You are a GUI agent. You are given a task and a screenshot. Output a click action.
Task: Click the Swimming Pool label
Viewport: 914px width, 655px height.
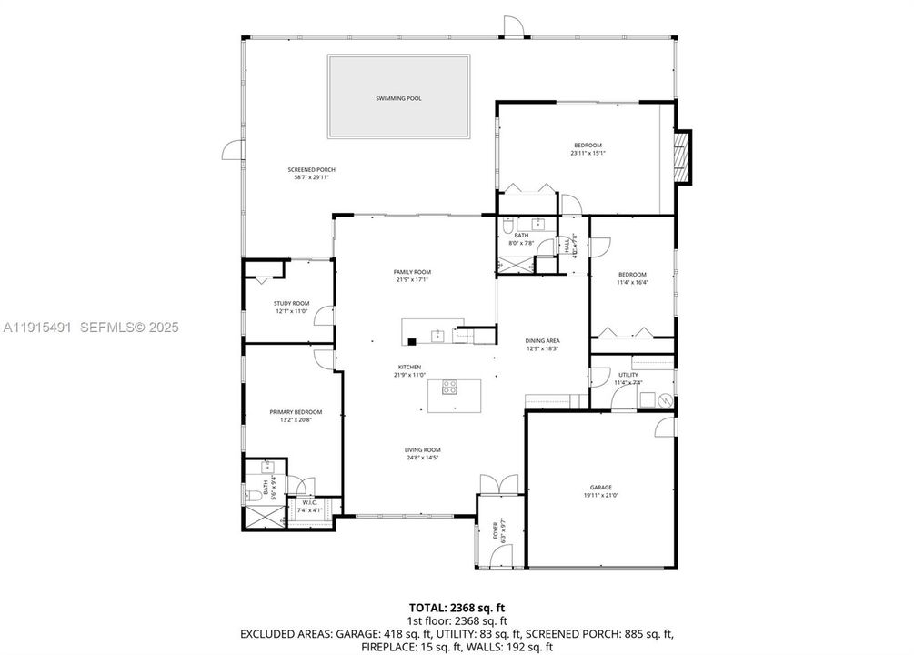(398, 98)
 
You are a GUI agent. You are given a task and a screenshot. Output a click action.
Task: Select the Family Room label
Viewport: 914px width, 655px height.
(411, 272)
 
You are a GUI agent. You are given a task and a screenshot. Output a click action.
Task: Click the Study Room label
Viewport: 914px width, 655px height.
(291, 303)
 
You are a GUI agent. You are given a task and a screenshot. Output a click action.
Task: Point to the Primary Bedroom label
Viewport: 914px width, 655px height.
(296, 412)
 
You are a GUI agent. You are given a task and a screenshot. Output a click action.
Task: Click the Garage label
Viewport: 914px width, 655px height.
(600, 487)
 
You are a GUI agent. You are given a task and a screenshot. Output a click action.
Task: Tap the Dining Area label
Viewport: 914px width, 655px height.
(542, 340)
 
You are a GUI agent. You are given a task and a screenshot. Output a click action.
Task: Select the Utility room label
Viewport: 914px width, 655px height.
(628, 375)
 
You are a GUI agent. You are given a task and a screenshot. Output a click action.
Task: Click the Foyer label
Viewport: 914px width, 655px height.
(496, 528)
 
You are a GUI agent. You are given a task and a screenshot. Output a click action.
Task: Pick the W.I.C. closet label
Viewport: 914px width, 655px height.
(309, 503)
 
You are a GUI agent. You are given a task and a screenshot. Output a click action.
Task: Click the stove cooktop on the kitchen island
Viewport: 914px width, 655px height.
(449, 388)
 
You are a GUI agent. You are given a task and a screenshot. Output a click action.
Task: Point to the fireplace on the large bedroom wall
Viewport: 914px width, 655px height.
(683, 156)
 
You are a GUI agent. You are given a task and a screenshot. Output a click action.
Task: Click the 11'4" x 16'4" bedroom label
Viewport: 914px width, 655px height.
(632, 275)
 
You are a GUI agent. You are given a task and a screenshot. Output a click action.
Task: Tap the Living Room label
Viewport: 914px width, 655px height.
(422, 449)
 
